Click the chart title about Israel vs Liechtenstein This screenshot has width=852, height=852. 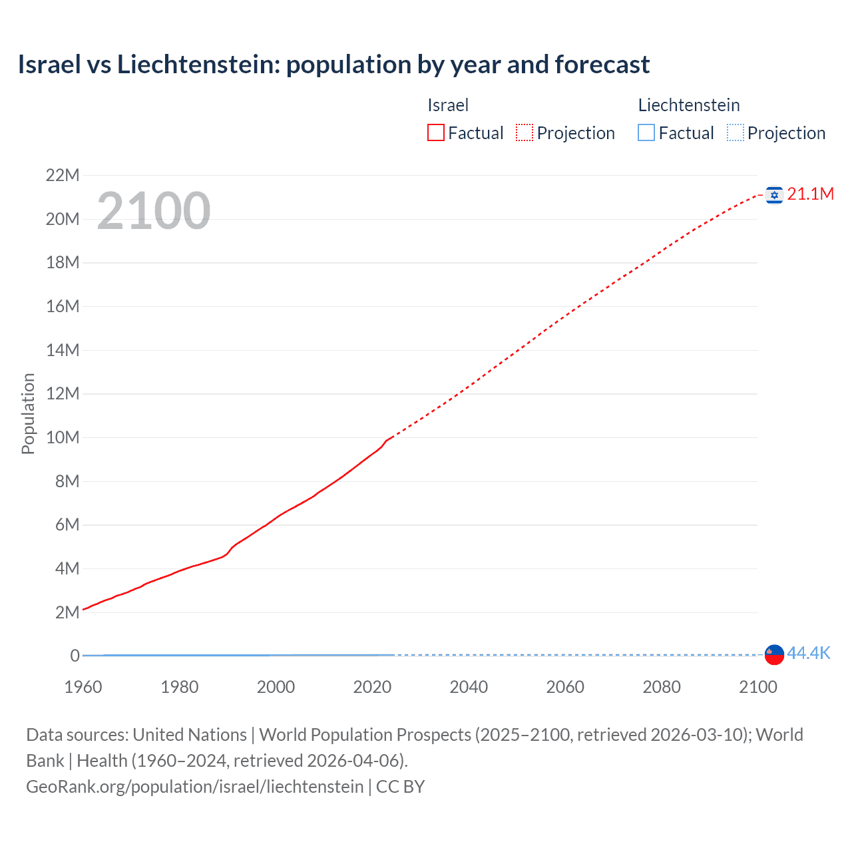pos(333,65)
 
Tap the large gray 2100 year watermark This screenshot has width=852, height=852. pos(154,211)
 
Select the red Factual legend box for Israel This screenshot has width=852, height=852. pos(435,132)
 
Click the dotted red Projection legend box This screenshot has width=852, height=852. pos(525,132)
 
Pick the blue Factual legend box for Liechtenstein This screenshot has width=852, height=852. pos(646,132)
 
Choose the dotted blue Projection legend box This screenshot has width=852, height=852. pos(736,132)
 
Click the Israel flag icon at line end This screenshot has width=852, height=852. pos(774,194)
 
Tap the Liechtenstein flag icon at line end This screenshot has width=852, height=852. pos(774,654)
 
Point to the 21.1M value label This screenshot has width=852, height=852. pos(810,194)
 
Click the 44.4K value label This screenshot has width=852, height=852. pos(809,653)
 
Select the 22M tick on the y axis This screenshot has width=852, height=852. pos(62,175)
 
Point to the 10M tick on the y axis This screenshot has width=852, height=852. pos(62,437)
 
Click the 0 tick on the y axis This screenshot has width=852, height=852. pos(75,656)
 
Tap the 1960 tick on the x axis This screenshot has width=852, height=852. pos(83,687)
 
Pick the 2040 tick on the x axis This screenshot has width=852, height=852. pos(469,687)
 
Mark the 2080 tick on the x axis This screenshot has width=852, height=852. pos(662,687)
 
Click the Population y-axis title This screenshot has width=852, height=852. pos(28,413)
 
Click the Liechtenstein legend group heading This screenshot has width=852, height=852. pos(689,105)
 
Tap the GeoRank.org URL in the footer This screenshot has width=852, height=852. pos(194,787)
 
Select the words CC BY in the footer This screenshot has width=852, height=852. pos(400,787)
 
